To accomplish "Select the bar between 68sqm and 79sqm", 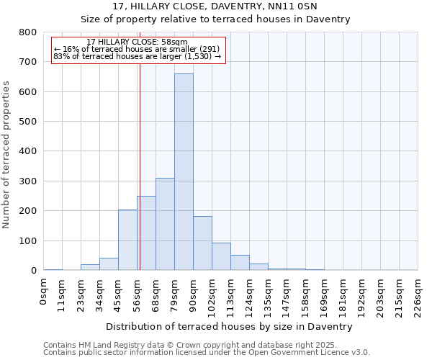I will [x=165, y=224].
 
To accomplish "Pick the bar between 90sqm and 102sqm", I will [x=202, y=243].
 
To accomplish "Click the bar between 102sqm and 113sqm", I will [x=221, y=256].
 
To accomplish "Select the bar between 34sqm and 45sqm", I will [x=109, y=264].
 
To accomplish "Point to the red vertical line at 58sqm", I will [x=140, y=166].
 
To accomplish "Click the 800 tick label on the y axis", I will [x=28, y=32].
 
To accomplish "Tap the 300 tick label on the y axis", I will [x=28, y=181].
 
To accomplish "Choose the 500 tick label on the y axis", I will [x=28, y=122].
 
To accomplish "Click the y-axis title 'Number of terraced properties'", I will [x=7, y=154].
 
